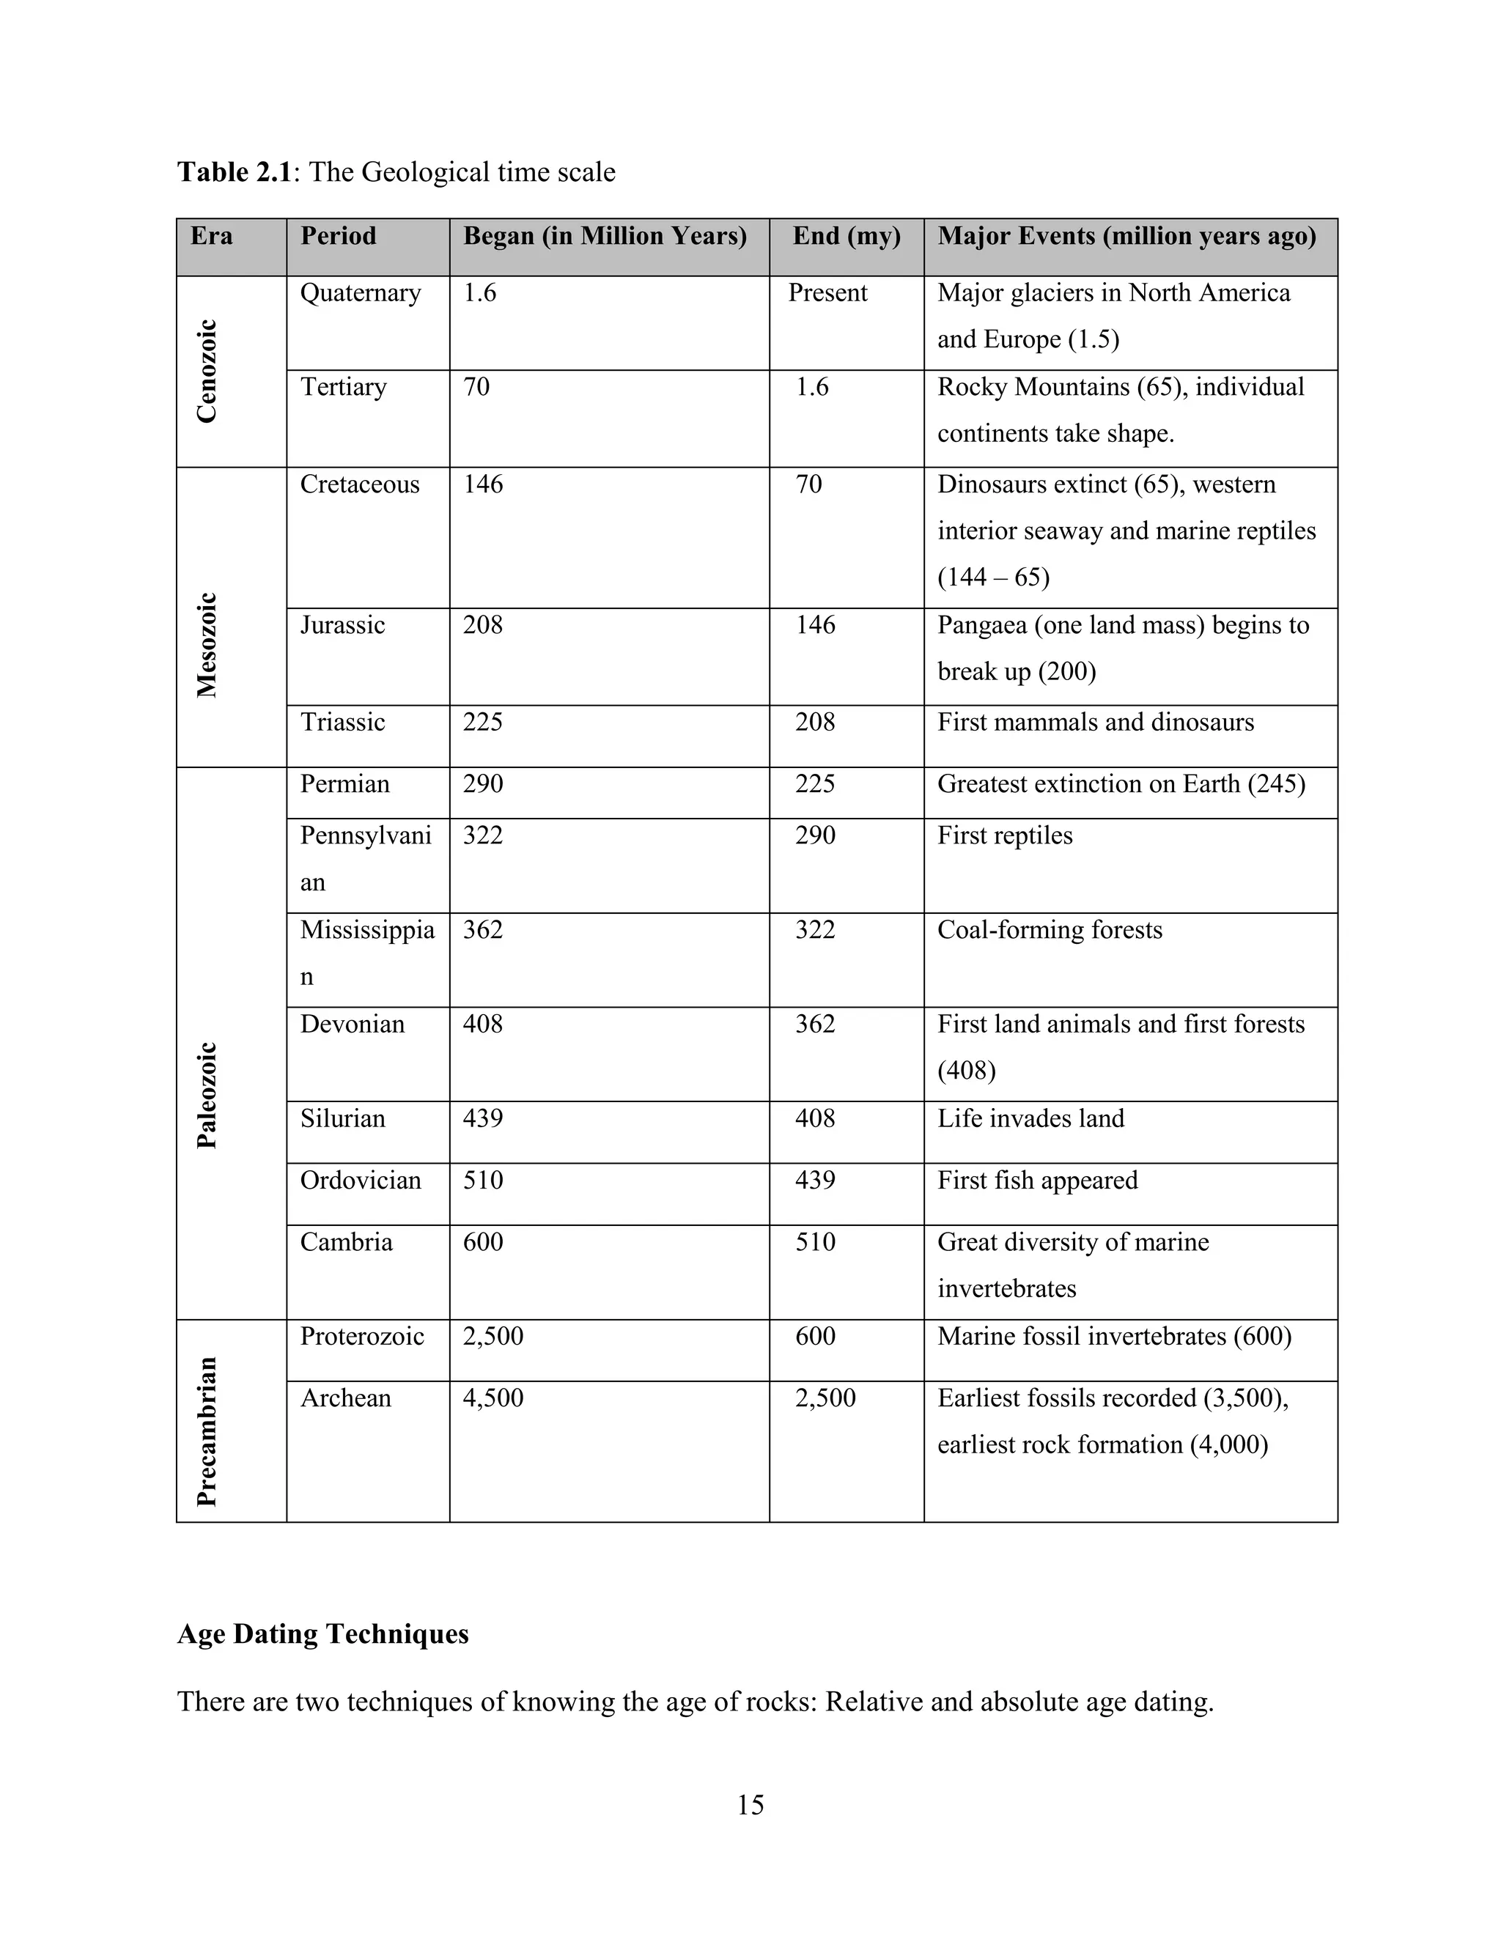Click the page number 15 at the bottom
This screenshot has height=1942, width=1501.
coord(750,1804)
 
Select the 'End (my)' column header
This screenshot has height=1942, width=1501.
coord(846,237)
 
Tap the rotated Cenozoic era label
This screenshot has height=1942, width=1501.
coord(206,371)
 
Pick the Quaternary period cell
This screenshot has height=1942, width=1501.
coord(360,293)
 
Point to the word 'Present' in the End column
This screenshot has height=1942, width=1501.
coord(827,293)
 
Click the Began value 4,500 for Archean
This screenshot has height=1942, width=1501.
coord(493,1398)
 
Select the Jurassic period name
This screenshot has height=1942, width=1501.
coord(342,625)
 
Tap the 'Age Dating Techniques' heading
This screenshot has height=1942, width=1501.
coord(322,1633)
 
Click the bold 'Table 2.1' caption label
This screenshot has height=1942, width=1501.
coord(235,171)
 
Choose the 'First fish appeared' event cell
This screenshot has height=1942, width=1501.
coord(1037,1180)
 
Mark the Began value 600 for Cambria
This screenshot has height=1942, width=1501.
coord(483,1242)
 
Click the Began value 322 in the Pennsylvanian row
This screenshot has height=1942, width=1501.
coord(483,836)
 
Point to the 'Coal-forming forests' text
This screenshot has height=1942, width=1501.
coord(1050,930)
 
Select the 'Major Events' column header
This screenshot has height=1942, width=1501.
coord(1126,237)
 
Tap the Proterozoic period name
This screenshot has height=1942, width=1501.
coord(362,1337)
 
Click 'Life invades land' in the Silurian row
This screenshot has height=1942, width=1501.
coord(1030,1118)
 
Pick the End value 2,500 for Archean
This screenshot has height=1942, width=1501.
coord(825,1398)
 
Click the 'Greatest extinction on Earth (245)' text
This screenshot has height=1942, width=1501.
coord(1121,784)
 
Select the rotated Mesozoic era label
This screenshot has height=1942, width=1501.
coord(206,645)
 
